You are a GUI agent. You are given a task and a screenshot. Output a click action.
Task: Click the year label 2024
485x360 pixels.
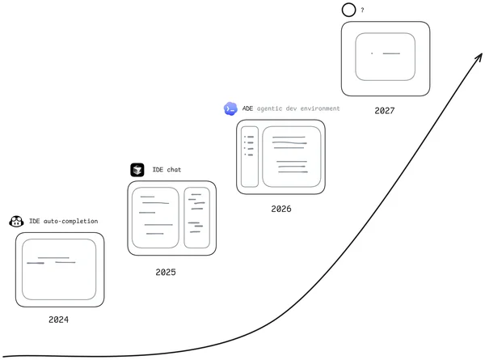58,320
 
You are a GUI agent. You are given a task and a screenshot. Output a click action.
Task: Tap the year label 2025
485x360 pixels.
166,272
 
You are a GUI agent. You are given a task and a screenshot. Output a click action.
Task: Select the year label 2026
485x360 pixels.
281,209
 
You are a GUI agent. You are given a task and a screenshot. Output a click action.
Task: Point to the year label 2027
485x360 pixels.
385,111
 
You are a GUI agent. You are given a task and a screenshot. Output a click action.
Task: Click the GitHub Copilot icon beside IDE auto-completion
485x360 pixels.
16,222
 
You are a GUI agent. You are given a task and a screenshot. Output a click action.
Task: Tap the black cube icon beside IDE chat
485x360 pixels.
137,170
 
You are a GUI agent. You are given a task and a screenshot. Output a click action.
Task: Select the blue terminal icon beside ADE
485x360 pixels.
230,108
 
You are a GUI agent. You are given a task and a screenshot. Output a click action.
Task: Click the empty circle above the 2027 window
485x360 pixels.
343,10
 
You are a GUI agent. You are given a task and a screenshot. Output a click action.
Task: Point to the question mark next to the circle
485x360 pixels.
362,11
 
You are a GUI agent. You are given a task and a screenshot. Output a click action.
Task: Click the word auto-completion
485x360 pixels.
70,221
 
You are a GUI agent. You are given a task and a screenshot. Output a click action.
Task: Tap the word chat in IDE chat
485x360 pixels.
174,170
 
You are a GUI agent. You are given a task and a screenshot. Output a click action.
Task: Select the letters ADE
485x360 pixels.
247,108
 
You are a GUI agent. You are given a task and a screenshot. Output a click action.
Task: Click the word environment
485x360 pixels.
320,108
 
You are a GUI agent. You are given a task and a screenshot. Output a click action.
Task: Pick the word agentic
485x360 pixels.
269,108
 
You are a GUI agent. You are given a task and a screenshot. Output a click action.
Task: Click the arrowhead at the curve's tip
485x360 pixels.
482,54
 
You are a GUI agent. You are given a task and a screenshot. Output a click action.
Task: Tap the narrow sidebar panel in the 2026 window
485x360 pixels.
242,157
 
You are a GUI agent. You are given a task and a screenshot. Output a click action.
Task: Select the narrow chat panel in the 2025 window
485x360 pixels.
184,218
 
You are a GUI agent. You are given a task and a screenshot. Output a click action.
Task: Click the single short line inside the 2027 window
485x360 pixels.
391,53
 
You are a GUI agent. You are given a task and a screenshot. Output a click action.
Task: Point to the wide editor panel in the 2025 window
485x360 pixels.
133,218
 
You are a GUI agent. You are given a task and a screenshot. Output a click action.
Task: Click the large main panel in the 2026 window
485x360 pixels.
263,157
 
